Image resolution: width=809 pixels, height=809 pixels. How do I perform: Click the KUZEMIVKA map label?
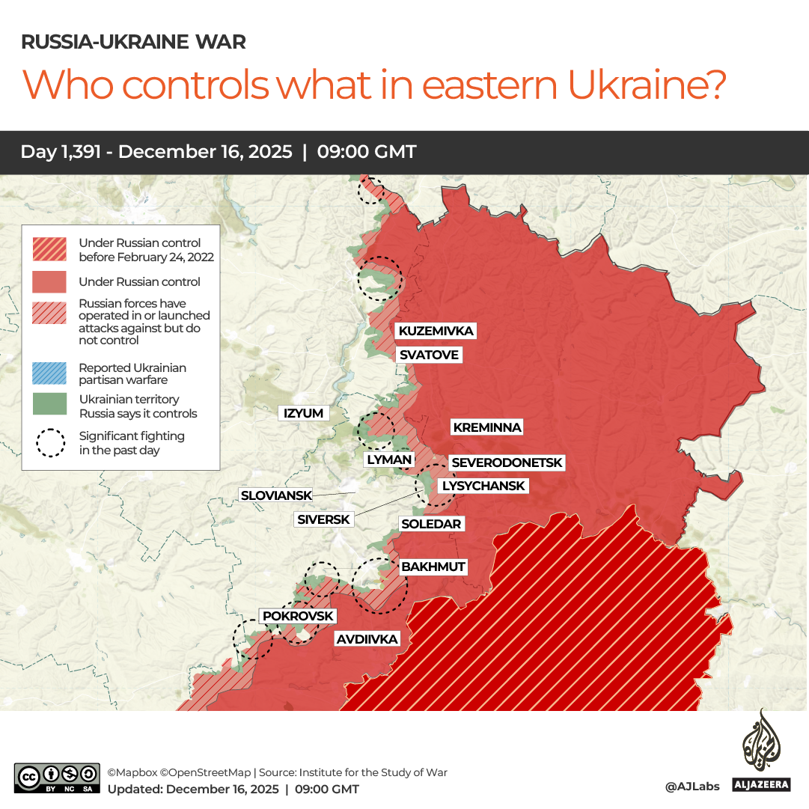tap(436, 331)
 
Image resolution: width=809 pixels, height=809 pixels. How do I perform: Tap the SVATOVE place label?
tap(428, 355)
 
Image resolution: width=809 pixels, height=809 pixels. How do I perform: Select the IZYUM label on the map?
tap(303, 413)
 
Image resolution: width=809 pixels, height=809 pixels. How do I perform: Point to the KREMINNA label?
tap(486, 427)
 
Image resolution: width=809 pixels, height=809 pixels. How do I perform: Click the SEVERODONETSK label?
tap(506, 463)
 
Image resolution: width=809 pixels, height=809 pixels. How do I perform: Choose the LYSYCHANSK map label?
tap(483, 486)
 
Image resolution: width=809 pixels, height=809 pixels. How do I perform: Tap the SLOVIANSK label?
tap(275, 495)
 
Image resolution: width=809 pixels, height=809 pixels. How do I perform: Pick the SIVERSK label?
tap(323, 519)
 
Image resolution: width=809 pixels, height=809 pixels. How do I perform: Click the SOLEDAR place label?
tap(431, 524)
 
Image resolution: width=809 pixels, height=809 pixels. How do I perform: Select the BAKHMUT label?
tap(433, 567)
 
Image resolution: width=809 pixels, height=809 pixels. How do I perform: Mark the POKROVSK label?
tap(297, 616)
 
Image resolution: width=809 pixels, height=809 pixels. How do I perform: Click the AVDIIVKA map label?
tap(367, 639)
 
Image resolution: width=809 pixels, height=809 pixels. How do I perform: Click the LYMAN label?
tap(388, 460)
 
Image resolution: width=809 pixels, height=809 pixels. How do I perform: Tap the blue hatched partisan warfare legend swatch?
tap(50, 373)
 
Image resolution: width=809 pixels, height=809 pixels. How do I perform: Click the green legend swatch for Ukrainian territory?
tap(50, 405)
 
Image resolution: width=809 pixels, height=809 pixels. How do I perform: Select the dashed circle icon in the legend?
tap(51, 442)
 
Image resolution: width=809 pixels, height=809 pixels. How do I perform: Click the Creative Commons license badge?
tap(57, 778)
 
